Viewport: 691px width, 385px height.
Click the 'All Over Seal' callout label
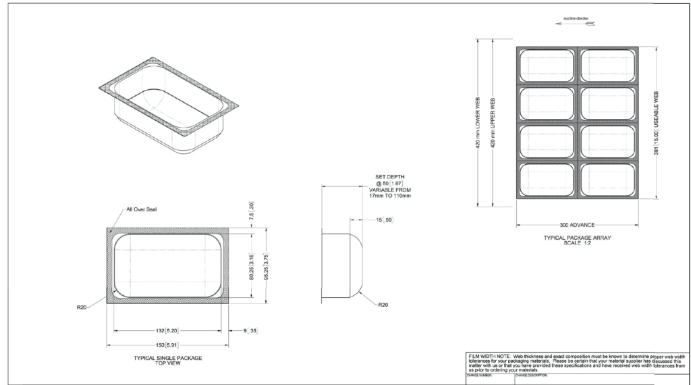tap(142, 209)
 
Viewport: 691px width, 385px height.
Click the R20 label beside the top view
tap(82, 308)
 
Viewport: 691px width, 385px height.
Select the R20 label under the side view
tap(383, 305)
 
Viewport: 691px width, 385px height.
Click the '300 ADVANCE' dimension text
tap(577, 225)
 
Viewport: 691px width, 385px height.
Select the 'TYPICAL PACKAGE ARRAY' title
tap(576, 238)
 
